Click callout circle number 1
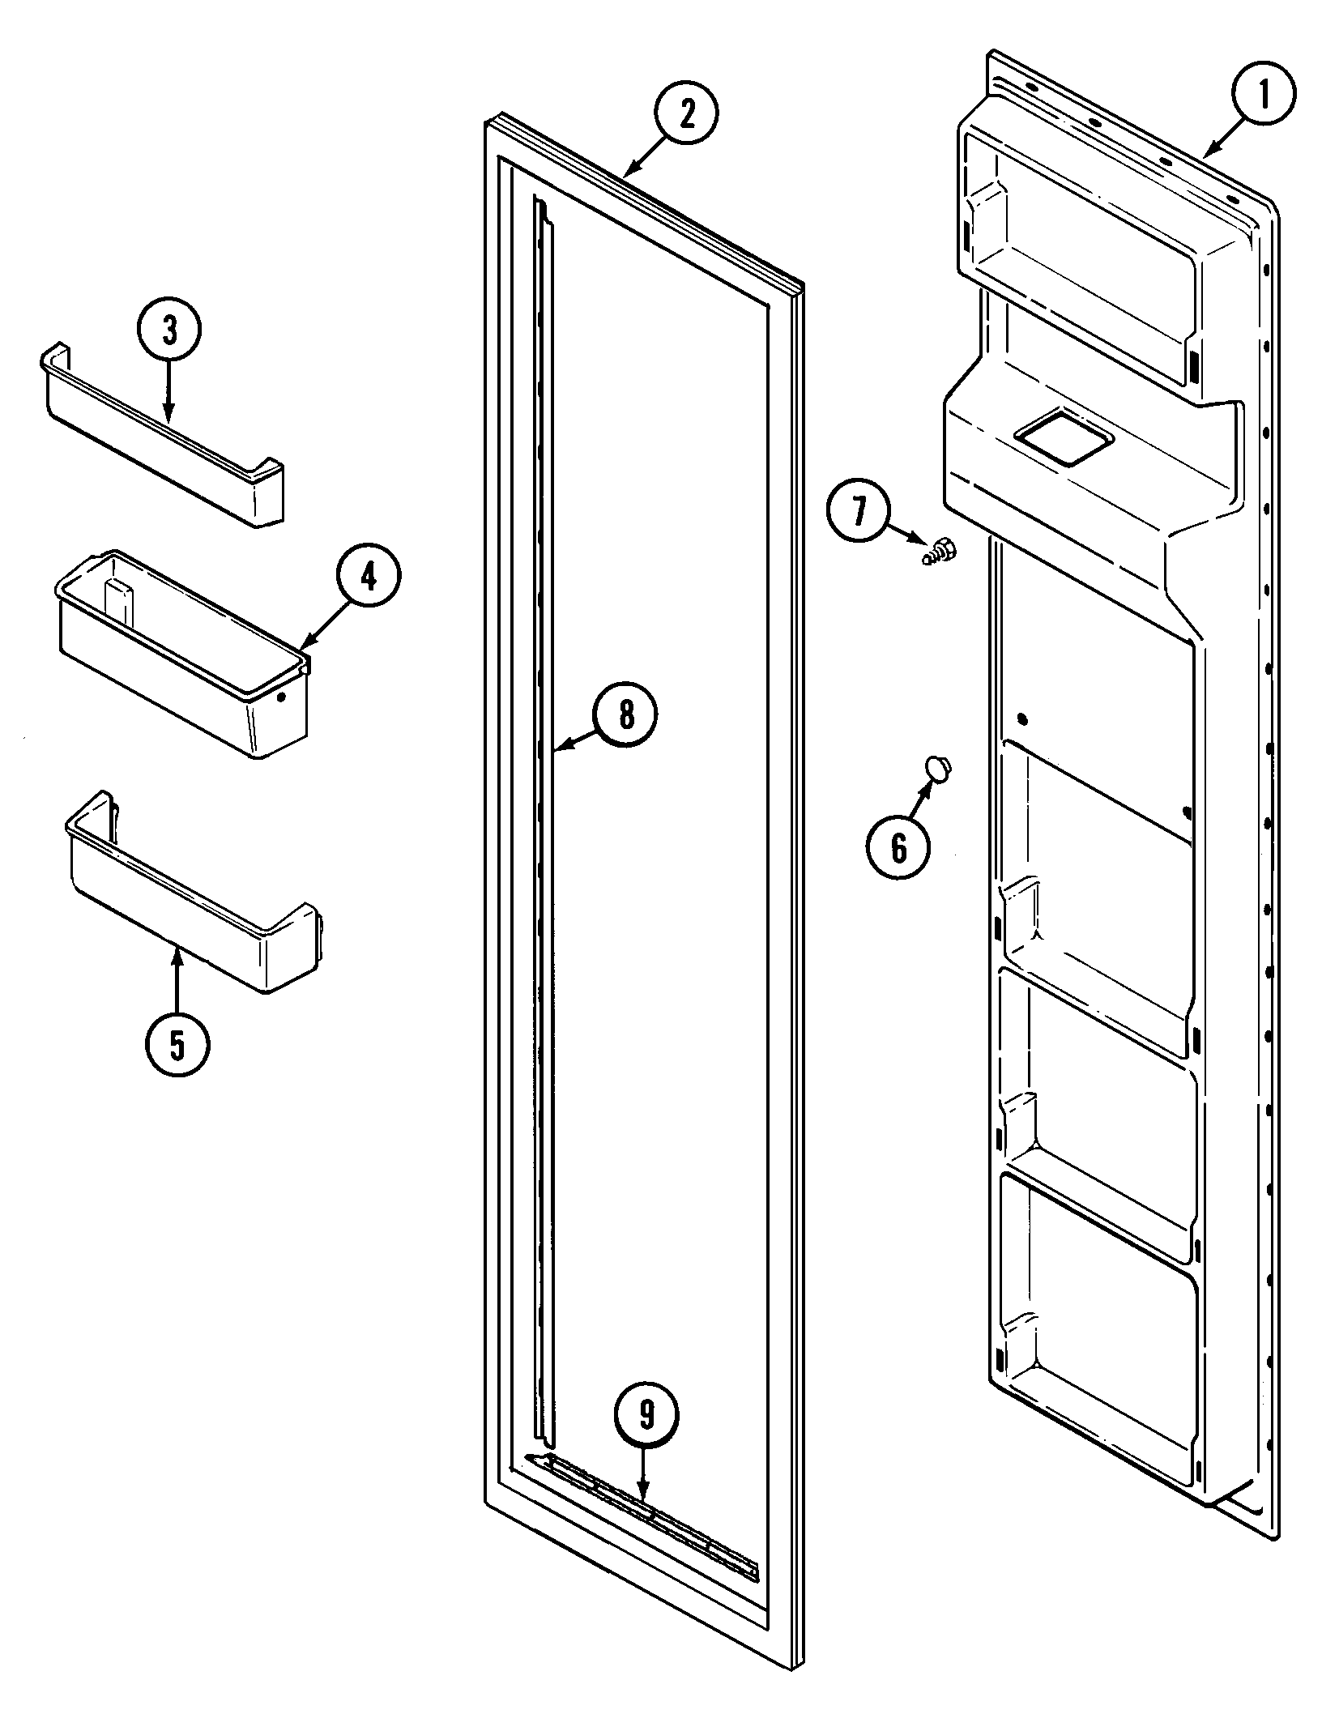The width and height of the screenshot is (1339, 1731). [1263, 94]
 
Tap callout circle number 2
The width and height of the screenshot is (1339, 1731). [686, 115]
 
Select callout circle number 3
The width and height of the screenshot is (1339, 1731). [168, 331]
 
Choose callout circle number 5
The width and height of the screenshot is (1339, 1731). [177, 1045]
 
